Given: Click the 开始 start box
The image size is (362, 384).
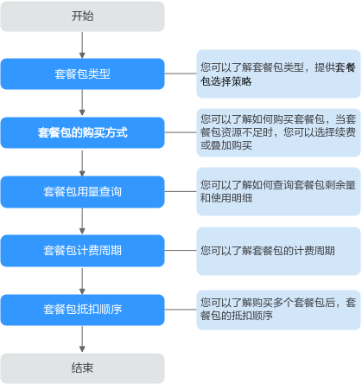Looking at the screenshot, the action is point(82,16).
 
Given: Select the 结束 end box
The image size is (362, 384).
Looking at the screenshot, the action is point(82,368).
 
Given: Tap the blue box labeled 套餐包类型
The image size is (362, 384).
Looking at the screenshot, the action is point(82,74).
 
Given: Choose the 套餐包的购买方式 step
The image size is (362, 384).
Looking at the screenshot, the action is point(82,132).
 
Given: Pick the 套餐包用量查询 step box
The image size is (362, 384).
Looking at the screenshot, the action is point(82,192).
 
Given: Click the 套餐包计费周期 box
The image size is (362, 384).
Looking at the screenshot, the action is point(82,251).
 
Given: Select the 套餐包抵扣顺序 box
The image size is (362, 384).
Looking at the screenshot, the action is point(82,310).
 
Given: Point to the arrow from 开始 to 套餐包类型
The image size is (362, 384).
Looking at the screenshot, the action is point(82,45).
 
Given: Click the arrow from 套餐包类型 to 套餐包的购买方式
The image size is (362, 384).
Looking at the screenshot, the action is point(82,103).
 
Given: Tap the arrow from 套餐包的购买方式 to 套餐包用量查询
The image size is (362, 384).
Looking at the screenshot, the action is point(82,162).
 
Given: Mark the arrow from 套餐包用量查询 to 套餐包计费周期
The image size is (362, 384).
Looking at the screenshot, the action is point(82,221).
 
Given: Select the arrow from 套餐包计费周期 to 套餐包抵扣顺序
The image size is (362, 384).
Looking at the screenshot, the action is point(82,280).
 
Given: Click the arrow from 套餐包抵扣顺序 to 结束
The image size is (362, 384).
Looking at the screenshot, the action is point(82,339).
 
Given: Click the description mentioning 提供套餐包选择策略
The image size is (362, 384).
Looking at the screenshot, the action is point(278,74).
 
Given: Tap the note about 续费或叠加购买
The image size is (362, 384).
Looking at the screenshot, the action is point(278,132).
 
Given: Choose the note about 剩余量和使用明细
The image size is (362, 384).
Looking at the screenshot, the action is point(278,191).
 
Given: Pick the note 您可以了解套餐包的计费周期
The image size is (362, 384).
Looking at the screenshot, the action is point(278,251).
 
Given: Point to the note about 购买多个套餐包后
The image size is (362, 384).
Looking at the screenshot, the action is point(278,310).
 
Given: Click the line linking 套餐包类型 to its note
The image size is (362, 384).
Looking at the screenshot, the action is point(181,74).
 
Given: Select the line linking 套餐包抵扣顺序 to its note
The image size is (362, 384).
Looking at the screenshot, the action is point(181,310).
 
